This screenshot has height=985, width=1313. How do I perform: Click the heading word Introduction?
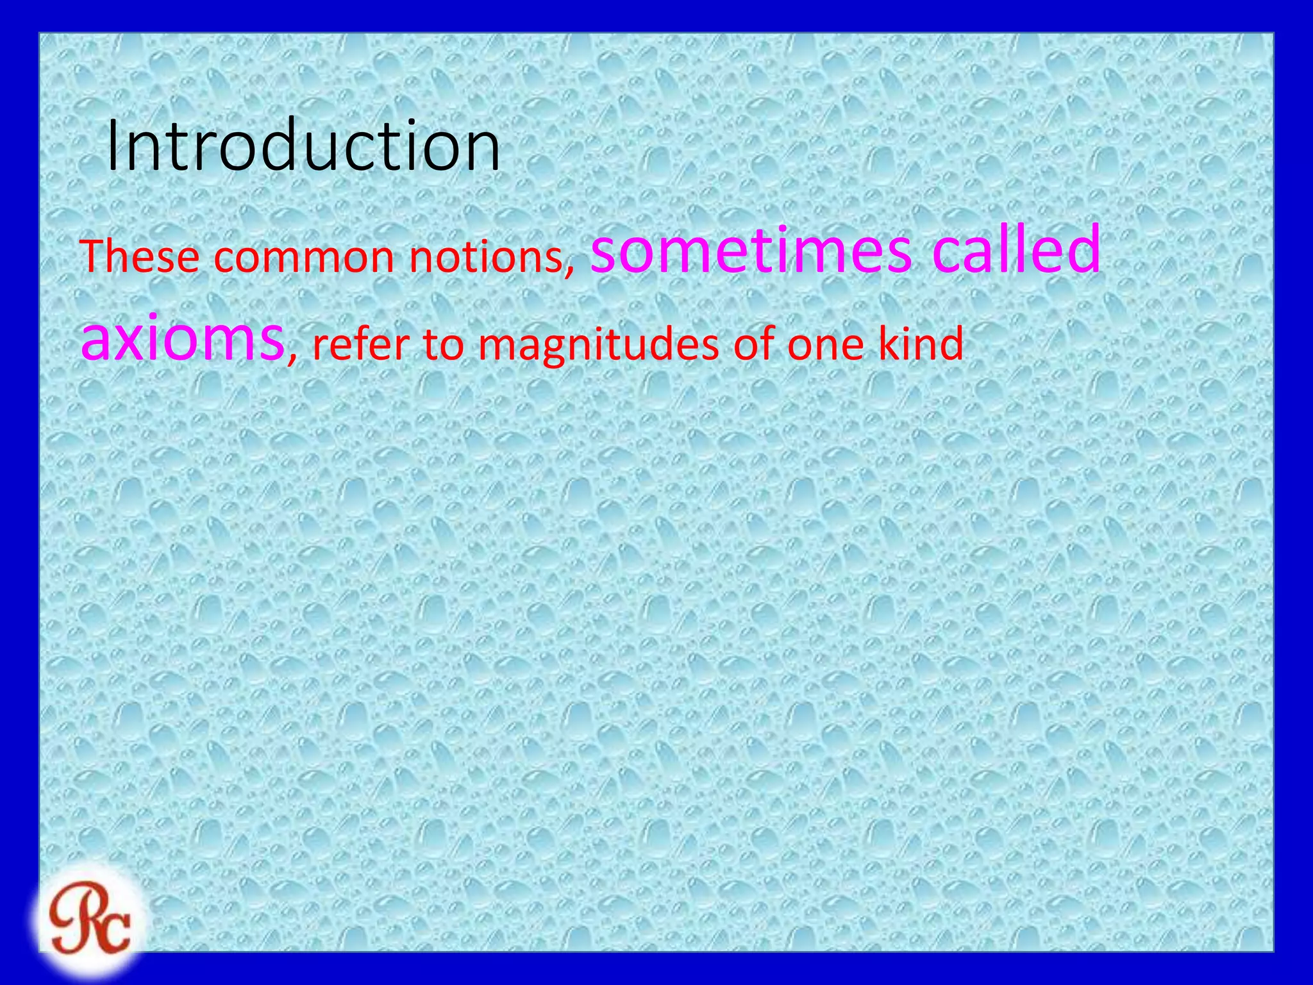coord(303,146)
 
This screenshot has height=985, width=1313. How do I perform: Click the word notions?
coord(489,257)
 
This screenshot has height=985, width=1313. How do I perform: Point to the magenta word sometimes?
coord(751,249)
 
